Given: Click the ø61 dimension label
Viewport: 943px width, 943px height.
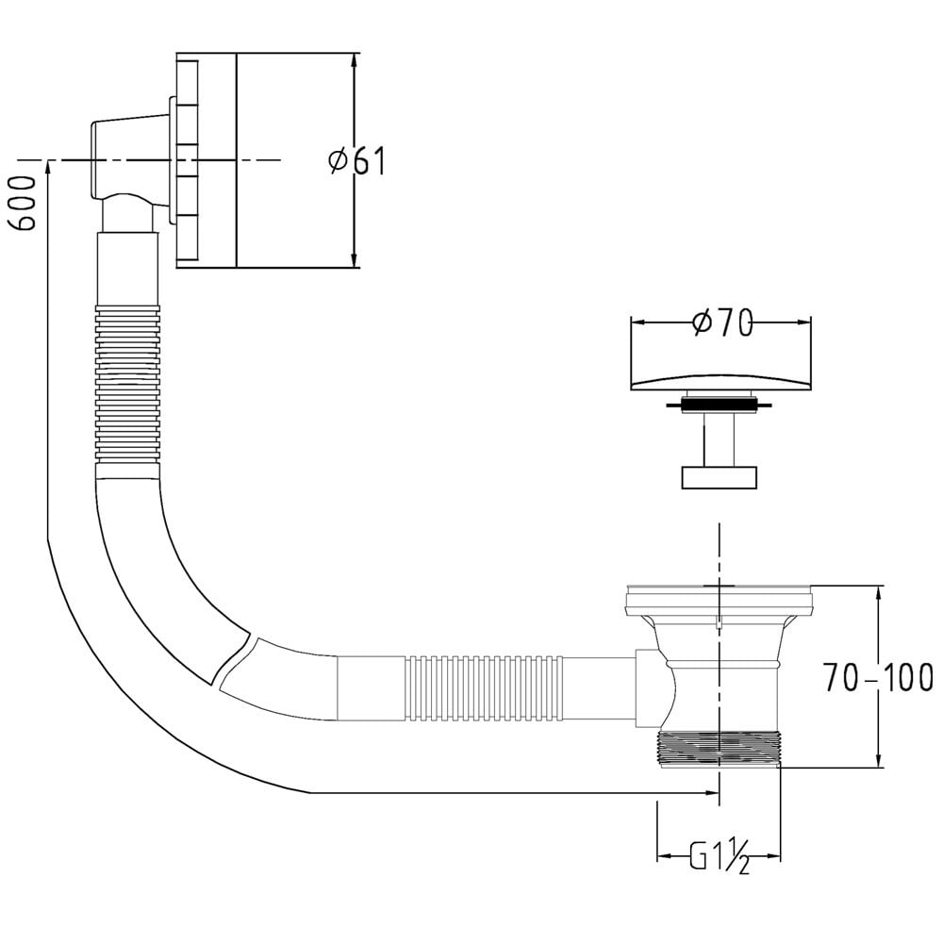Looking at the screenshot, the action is coord(356,160).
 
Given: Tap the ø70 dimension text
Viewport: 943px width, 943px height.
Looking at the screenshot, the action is coord(722,323).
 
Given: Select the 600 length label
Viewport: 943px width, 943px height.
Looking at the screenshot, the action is coord(23,203).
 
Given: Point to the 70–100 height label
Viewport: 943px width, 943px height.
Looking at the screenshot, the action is coord(879,677).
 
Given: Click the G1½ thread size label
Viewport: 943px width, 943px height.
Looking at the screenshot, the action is coord(720,856).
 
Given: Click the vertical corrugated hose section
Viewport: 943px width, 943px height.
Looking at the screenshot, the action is coord(127,384).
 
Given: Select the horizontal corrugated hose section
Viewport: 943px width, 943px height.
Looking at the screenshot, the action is coord(486,688).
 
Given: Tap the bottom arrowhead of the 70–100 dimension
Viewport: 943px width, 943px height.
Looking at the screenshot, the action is coord(879,759).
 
